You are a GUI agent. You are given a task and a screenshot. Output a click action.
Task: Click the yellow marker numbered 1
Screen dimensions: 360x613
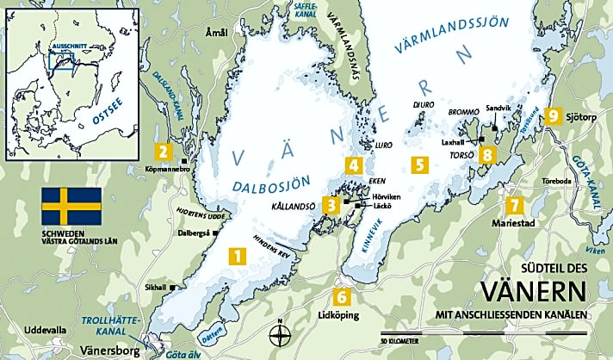235,256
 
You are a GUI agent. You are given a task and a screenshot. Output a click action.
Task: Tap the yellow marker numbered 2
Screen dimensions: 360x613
161,152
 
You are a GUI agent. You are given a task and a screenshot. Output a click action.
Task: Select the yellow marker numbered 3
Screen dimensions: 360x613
331,205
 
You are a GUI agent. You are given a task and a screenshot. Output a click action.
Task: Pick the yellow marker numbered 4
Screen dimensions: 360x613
353,165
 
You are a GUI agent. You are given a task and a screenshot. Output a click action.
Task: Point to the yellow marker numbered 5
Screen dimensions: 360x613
418,164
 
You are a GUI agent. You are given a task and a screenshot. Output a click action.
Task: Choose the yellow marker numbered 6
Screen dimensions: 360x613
343,298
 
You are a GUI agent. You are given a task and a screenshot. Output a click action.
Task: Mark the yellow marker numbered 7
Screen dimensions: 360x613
514,205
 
